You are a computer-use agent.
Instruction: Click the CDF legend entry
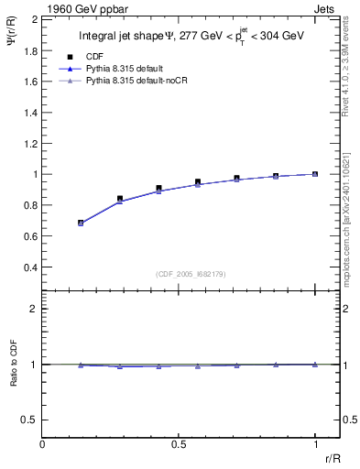(x=92, y=56)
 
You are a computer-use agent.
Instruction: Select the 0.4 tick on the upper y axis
(x=28, y=267)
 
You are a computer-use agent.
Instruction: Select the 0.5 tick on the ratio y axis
(x=28, y=420)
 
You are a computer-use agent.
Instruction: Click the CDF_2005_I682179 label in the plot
(x=180, y=273)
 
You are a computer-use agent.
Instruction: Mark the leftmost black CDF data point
(x=81, y=223)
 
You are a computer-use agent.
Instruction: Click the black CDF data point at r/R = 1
(x=315, y=174)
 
